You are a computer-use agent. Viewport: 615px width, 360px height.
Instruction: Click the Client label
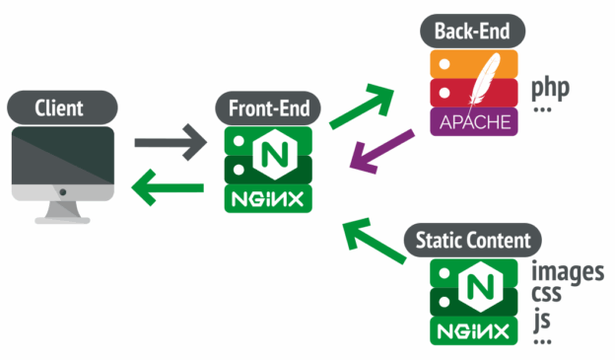61,107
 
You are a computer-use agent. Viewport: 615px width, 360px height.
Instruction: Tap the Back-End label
472,30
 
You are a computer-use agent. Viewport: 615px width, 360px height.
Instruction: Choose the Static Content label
473,240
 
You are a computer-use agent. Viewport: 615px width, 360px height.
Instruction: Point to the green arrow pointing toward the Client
170,184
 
